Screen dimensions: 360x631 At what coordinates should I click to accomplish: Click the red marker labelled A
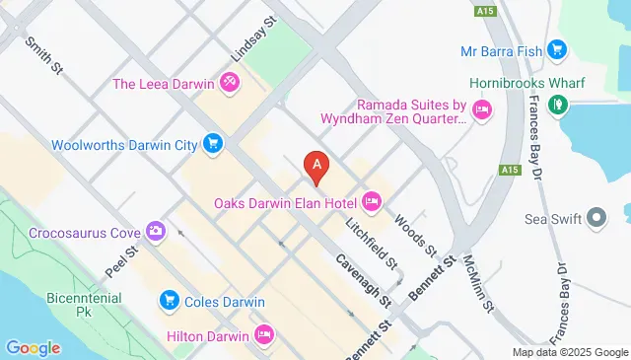tap(315, 168)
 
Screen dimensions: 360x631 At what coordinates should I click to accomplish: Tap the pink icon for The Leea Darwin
tap(229, 83)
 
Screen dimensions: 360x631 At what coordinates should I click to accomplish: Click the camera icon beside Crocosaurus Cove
tap(155, 232)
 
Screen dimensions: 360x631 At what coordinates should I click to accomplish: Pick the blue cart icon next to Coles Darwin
tap(169, 300)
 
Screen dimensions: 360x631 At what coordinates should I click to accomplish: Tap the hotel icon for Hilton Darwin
tap(263, 334)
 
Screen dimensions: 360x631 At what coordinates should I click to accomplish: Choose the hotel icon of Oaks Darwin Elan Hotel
tap(372, 202)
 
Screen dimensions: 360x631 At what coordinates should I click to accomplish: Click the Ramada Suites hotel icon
tap(482, 109)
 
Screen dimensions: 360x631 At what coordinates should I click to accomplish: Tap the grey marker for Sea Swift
tap(596, 217)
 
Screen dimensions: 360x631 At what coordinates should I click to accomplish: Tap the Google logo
tap(33, 347)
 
